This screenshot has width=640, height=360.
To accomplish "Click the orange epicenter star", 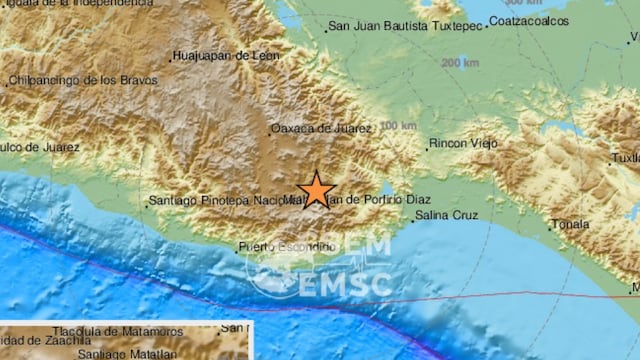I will coord(317,188).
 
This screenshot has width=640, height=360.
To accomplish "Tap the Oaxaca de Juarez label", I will coord(322,128).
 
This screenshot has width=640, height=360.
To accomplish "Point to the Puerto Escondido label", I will coord(285,246).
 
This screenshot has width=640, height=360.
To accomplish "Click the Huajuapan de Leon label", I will coord(225,56).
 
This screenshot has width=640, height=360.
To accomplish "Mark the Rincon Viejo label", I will coord(465,144).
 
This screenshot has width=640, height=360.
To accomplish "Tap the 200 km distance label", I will coord(459,63).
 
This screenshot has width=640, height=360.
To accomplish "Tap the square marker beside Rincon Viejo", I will coord(428,145).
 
